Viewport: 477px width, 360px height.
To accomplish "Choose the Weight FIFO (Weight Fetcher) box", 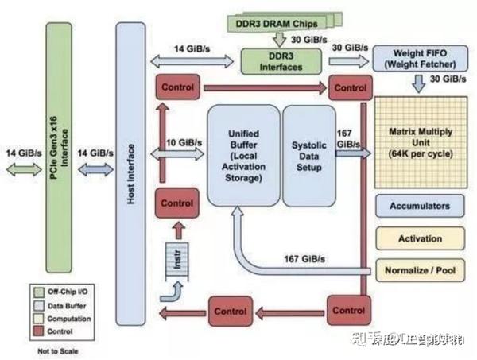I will pyautogui.click(x=416, y=58).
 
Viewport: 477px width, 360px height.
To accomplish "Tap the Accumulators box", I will pyautogui.click(x=419, y=206).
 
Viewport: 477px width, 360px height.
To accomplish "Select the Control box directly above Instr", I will pyautogui.click(x=176, y=203).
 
